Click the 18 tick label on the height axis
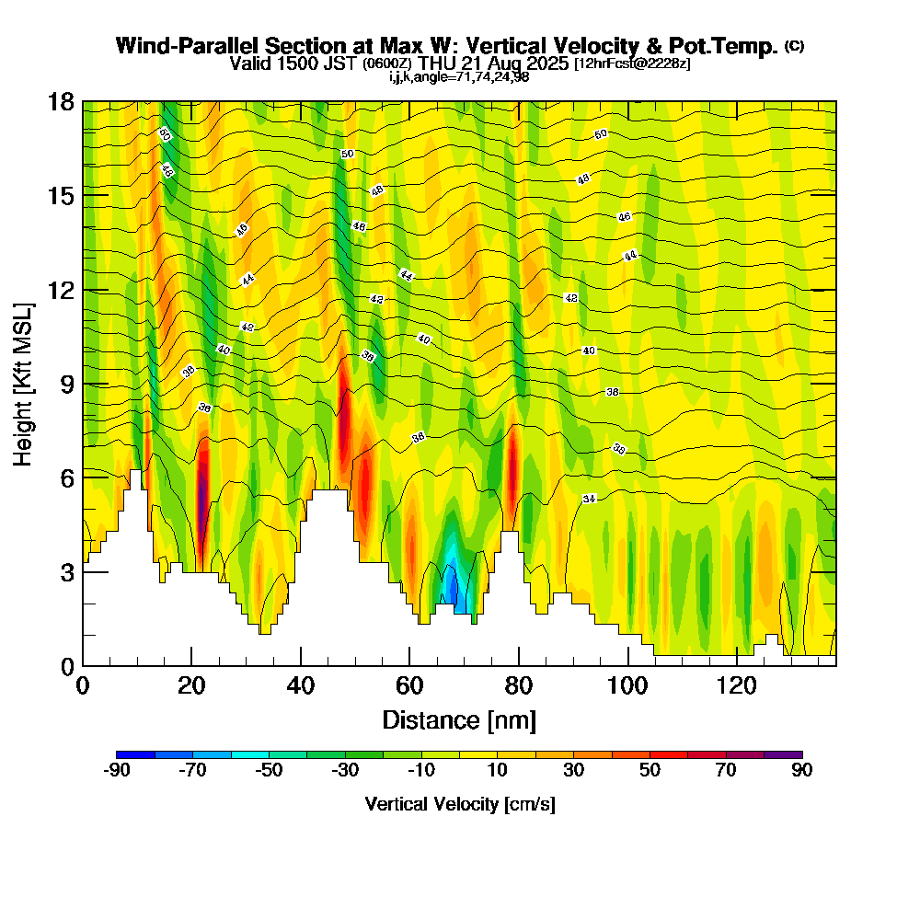62,101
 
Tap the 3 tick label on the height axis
66,571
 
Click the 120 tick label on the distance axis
738,685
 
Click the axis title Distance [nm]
459,719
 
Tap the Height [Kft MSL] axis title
23,383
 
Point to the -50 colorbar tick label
269,770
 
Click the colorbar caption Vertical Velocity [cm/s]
459,804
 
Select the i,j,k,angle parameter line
459,76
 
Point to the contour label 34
590,499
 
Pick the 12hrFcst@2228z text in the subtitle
632,64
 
